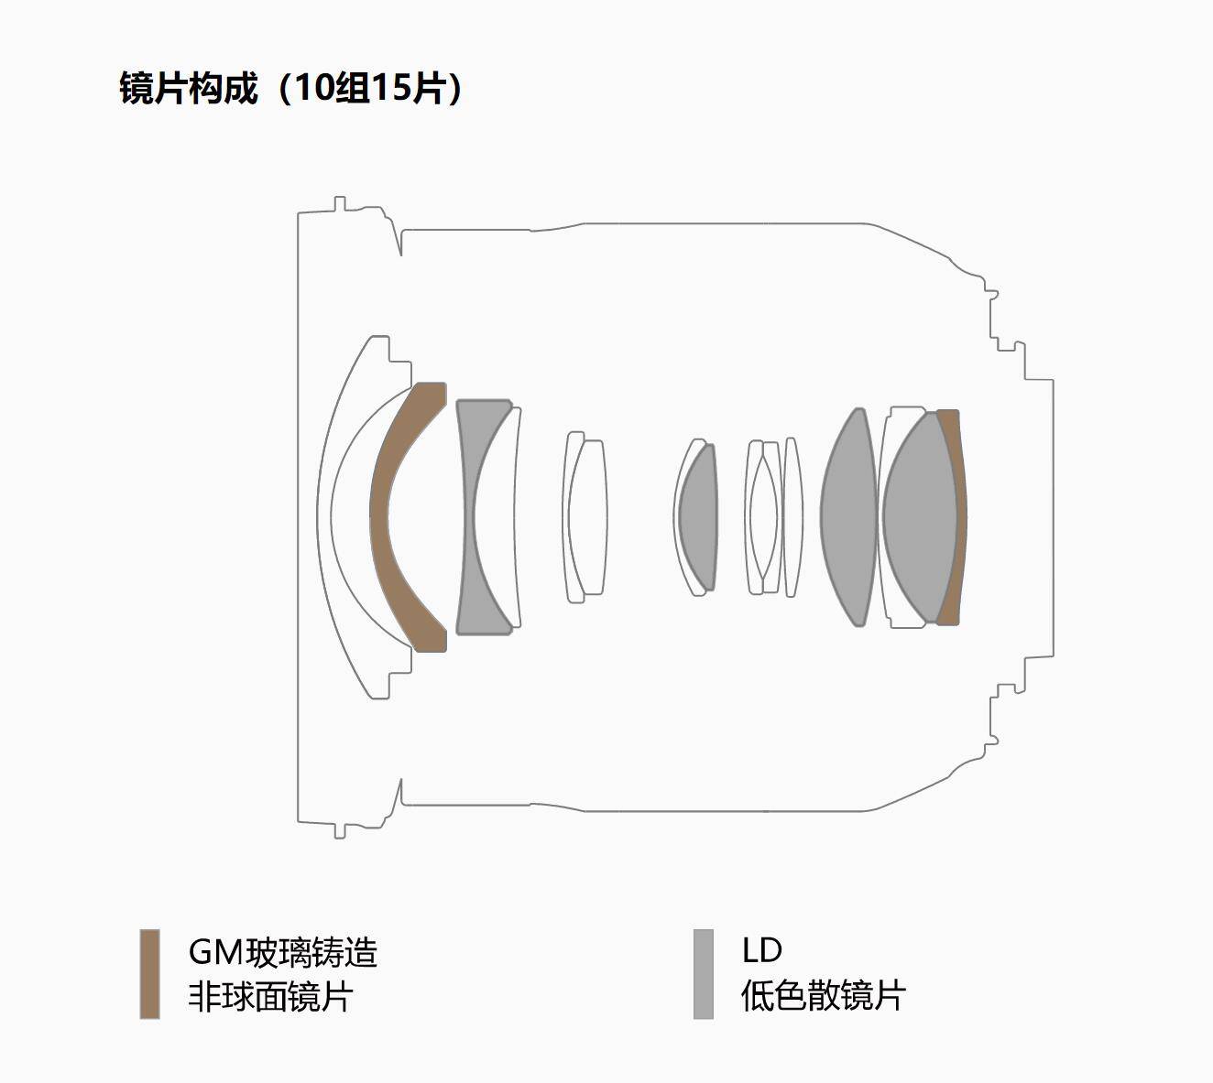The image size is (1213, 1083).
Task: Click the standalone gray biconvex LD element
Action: [848, 517]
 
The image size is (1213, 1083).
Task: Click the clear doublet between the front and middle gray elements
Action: [586, 517]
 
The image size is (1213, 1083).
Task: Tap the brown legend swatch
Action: [149, 974]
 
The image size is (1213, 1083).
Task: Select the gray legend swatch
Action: [703, 974]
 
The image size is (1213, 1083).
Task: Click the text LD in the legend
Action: [761, 950]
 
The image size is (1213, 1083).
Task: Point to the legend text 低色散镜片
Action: [823, 996]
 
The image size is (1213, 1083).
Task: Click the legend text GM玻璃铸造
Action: [282, 952]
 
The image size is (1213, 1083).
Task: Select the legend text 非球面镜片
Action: [270, 996]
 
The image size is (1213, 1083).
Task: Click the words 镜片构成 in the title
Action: [189, 89]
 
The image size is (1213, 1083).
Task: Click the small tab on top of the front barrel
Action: [340, 202]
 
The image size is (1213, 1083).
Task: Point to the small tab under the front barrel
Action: [340, 830]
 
